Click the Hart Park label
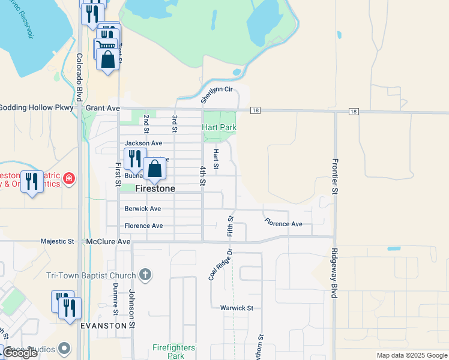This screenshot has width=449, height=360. point(219,128)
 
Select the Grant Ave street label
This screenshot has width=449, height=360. point(103,108)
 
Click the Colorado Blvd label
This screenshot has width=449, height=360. point(79,77)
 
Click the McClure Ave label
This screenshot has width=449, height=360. point(108,242)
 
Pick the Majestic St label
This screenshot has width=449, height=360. point(57,242)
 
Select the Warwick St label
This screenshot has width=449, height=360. point(237,308)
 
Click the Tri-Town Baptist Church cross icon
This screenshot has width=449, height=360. point(145,275)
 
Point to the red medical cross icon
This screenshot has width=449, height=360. point(70,178)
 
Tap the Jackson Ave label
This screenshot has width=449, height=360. point(143,143)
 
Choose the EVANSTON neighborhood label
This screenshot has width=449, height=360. point(104,325)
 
